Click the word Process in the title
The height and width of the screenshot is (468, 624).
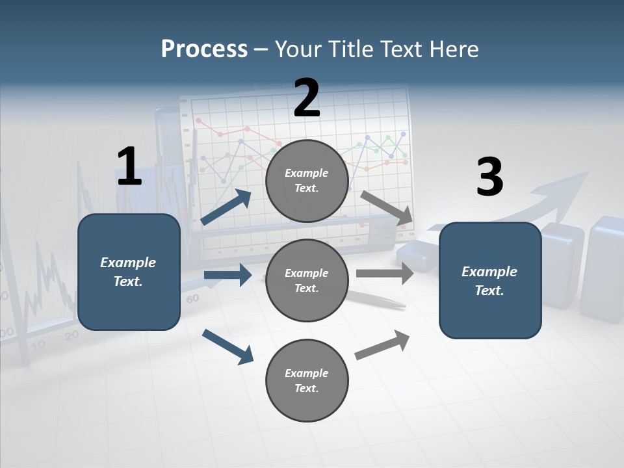[x=204, y=49]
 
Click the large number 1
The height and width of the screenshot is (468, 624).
[x=129, y=166]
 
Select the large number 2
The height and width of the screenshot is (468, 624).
[x=307, y=97]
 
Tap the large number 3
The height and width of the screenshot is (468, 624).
[x=489, y=177]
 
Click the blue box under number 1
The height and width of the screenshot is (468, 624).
[x=129, y=272]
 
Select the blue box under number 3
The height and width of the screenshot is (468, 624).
[x=490, y=280]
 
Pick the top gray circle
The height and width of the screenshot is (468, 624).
[x=307, y=181]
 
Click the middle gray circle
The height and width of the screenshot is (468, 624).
[x=307, y=280]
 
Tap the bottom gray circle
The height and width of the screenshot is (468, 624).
[x=307, y=380]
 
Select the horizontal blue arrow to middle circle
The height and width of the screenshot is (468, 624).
[x=227, y=275]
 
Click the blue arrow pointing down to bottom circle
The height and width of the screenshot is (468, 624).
[x=227, y=346]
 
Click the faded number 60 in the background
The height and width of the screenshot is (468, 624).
[x=192, y=300]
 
